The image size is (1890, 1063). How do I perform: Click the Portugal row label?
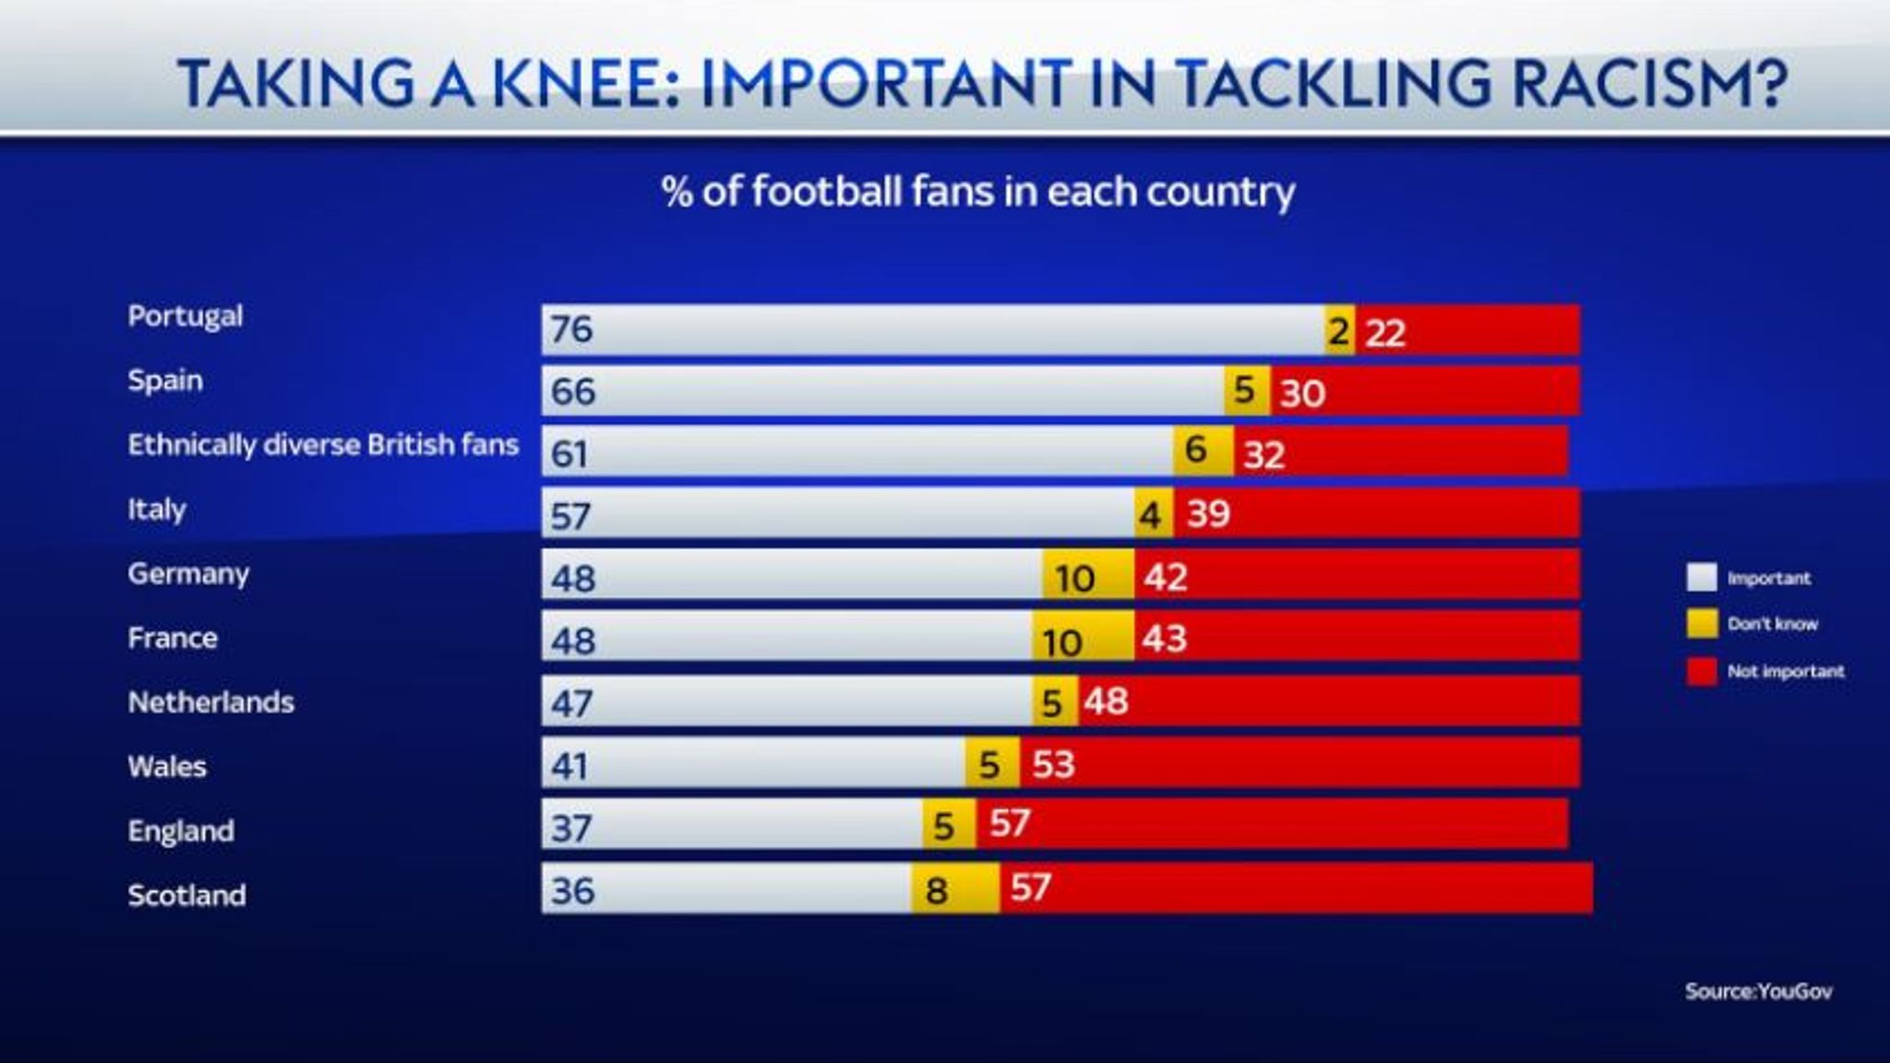185,317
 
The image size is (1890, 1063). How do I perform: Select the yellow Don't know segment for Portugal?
1340,330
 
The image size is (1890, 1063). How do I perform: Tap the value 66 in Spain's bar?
572,391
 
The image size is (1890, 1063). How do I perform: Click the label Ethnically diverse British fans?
323,445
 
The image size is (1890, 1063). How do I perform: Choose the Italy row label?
157,509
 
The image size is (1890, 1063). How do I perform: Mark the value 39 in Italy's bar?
1208,513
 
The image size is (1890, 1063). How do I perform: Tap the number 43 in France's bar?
1164,639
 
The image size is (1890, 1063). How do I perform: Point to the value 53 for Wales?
1053,764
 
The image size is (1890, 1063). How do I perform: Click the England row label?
181,830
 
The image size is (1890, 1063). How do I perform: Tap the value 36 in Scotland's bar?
572,890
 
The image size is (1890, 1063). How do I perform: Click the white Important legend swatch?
1702,578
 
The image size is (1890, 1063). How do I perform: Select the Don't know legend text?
1772,624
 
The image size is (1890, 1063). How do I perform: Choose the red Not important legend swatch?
1702,672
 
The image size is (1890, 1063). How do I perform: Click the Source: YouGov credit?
1758,991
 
